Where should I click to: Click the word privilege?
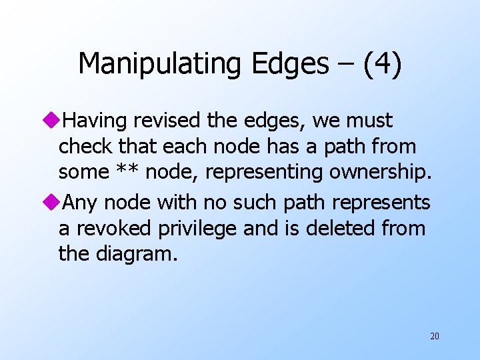click(x=196, y=228)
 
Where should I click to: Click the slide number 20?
click(x=434, y=336)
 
